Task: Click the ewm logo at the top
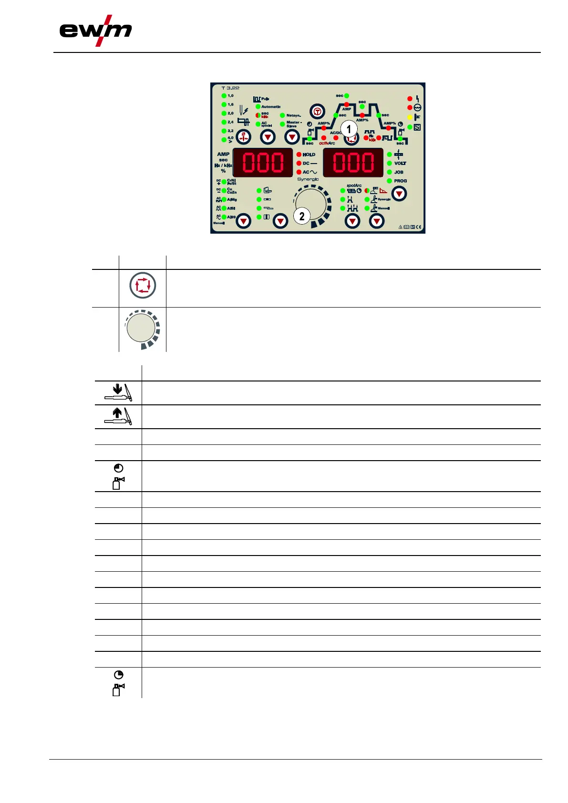(95, 31)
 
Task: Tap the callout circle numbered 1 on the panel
(349, 129)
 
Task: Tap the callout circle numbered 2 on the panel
(301, 216)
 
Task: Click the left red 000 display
(263, 163)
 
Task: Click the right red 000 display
(353, 163)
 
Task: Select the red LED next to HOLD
(299, 154)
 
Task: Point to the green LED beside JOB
(390, 172)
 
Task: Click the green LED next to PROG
(390, 181)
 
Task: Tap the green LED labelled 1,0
(224, 96)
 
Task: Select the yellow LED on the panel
(410, 117)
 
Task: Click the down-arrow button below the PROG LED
(399, 194)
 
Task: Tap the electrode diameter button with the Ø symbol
(244, 137)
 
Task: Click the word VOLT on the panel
(400, 163)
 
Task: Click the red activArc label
(327, 143)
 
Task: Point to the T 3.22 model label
(230, 88)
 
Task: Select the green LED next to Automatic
(258, 107)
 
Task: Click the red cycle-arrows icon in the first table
(143, 286)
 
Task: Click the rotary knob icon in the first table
(142, 329)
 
